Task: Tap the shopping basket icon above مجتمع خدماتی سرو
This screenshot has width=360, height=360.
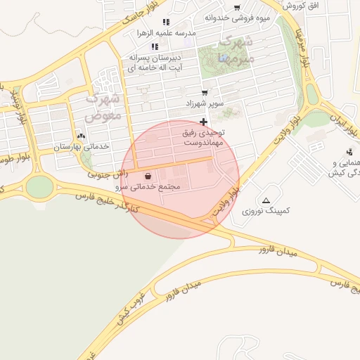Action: tap(148, 176)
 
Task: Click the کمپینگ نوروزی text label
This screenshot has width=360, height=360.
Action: tap(266, 211)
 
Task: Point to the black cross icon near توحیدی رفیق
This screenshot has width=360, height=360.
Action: tap(204, 122)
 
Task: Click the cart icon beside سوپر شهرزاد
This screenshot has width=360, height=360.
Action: tap(205, 92)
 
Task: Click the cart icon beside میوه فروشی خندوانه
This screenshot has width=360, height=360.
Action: tap(237, 7)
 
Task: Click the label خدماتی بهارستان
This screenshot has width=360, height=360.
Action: tap(82, 146)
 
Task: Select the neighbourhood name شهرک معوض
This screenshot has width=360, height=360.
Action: tap(103, 105)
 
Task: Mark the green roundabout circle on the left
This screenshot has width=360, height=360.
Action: tap(39, 186)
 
